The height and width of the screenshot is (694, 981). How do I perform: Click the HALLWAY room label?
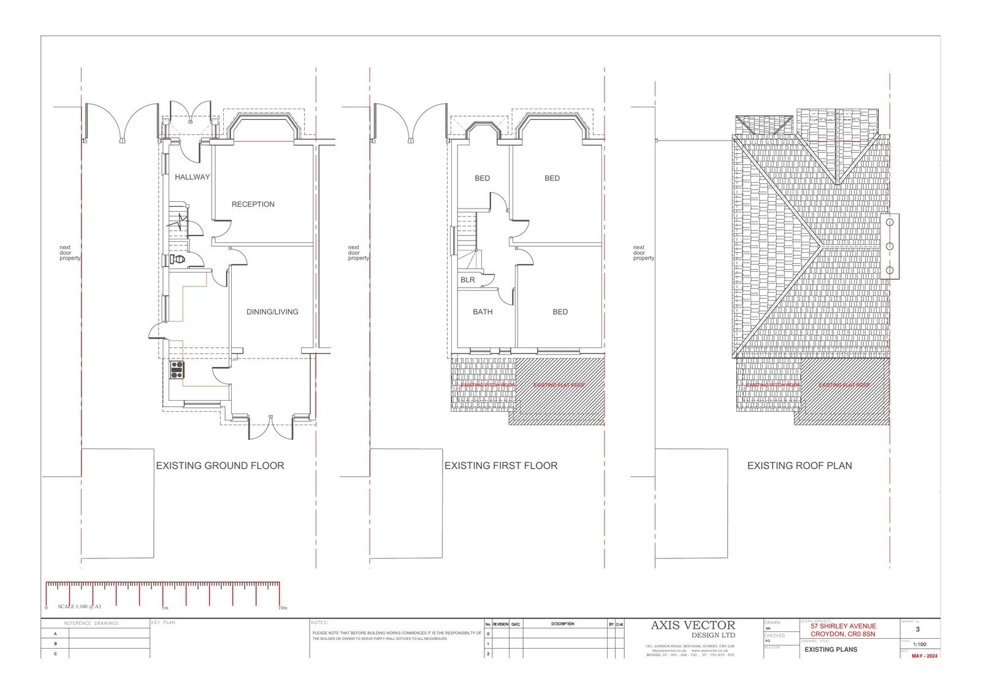click(x=192, y=177)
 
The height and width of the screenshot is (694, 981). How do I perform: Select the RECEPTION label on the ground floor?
click(x=253, y=204)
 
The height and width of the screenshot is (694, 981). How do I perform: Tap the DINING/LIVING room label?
click(x=272, y=312)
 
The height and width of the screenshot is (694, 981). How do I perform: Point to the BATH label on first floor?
click(x=483, y=312)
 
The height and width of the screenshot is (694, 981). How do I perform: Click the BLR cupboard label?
click(x=467, y=280)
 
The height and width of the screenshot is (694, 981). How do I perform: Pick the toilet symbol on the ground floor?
click(x=177, y=260)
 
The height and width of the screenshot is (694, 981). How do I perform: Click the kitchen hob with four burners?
click(x=177, y=369)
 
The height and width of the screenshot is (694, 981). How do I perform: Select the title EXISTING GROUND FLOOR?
click(x=219, y=466)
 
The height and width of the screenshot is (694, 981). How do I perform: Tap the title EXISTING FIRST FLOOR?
click(x=501, y=466)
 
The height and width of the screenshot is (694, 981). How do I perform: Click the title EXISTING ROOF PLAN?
click(x=800, y=466)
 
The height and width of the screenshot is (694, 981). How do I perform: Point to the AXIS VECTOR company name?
click(x=692, y=625)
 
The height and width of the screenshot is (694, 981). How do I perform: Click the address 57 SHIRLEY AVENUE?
click(x=843, y=626)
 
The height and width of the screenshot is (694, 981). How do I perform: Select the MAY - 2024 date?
click(x=925, y=656)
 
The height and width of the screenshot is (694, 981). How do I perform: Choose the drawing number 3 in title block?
click(x=917, y=629)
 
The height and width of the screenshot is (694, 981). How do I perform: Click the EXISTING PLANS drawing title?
click(x=830, y=649)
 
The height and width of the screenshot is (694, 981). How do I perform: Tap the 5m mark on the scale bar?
click(x=164, y=607)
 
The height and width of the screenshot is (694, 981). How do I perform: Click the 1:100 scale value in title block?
click(x=919, y=645)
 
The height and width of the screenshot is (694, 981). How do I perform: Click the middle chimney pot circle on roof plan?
click(x=890, y=246)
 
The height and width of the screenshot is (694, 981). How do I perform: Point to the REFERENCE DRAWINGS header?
click(x=95, y=623)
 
